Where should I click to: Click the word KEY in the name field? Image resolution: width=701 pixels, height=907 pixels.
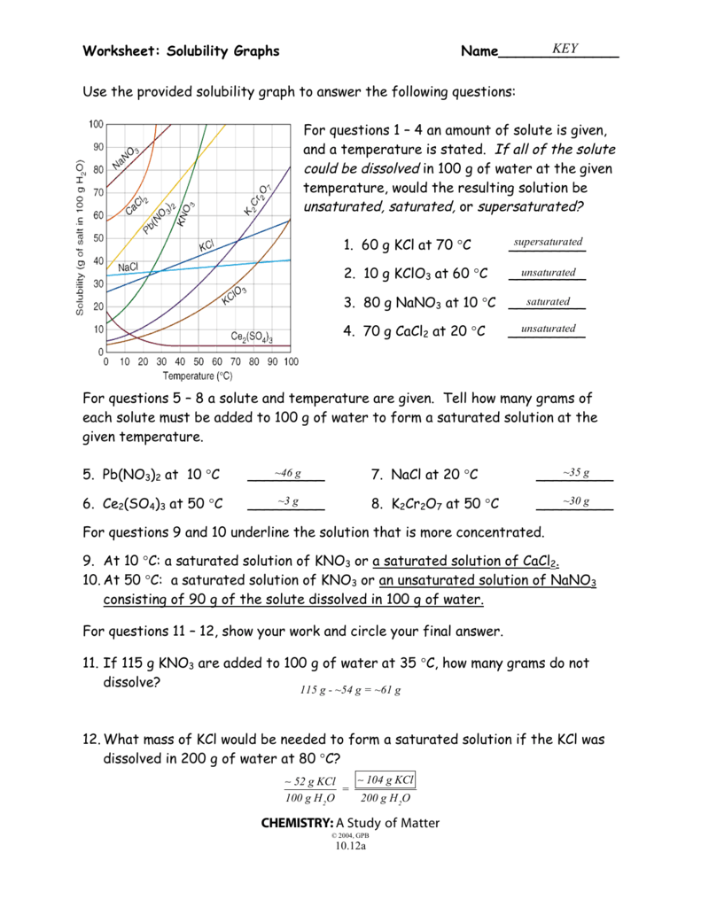[x=565, y=49]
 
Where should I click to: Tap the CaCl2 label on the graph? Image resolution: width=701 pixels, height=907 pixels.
[x=136, y=205]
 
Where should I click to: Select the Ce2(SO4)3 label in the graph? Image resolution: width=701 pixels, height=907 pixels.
[x=251, y=337]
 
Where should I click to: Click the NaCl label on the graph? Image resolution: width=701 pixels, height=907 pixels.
[x=128, y=267]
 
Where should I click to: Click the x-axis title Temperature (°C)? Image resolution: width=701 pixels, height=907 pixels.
[x=199, y=375]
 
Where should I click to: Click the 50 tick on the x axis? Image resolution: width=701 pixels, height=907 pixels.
[x=199, y=361]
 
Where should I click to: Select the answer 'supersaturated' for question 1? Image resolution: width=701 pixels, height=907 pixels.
[x=548, y=242]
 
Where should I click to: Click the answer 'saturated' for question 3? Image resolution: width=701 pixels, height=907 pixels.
[x=548, y=302]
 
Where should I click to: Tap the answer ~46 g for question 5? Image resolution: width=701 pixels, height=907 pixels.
[x=287, y=473]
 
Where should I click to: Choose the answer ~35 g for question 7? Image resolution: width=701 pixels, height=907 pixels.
[x=575, y=473]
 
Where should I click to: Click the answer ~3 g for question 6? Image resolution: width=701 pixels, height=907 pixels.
[x=287, y=501]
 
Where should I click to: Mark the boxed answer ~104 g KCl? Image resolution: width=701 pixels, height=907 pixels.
[x=386, y=780]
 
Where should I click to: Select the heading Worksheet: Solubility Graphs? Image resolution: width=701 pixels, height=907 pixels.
[x=181, y=51]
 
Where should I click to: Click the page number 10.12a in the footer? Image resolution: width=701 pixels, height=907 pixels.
[x=350, y=846]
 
